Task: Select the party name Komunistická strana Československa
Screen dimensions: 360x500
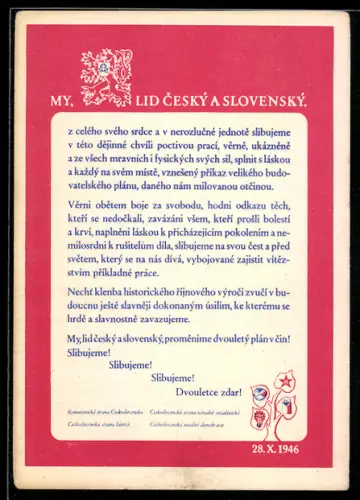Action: (x=103, y=411)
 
